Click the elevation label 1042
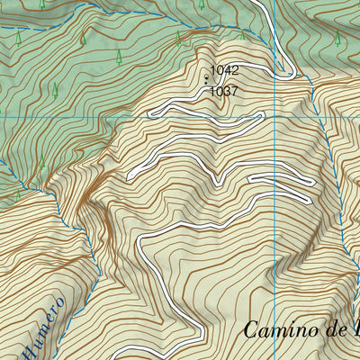[x=225, y=69]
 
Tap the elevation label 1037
[x=223, y=91]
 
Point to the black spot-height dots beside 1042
[x=207, y=79]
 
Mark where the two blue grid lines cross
[x=274, y=117]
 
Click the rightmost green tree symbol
[x=337, y=39]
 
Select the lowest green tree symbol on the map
[x=17, y=194]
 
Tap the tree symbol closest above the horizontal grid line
[x=55, y=89]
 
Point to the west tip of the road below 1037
[x=150, y=112]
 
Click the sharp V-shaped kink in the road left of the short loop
[x=218, y=181]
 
